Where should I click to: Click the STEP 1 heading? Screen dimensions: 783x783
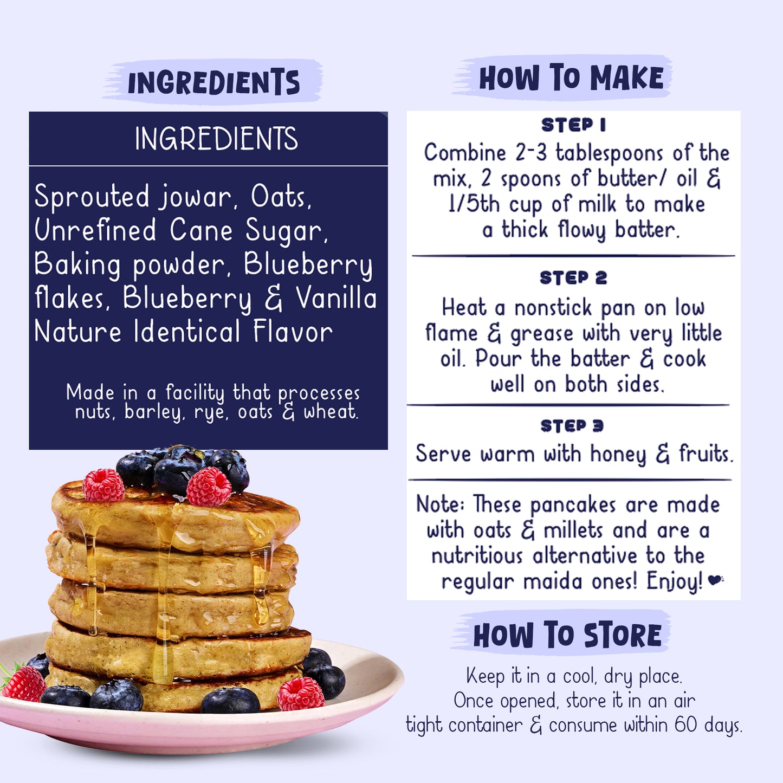point(573,125)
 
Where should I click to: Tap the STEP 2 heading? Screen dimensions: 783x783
point(573,278)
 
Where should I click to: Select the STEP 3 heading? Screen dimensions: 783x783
point(572,426)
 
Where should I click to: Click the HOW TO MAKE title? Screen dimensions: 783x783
point(571,78)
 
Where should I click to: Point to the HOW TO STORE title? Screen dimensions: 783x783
point(567,635)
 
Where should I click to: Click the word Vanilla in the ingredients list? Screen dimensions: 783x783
point(336,298)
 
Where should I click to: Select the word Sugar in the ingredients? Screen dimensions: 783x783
point(286,231)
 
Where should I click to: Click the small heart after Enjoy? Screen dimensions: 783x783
point(715,580)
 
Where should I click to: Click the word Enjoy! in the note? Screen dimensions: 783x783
point(675,582)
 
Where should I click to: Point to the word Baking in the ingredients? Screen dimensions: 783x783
point(77,265)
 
